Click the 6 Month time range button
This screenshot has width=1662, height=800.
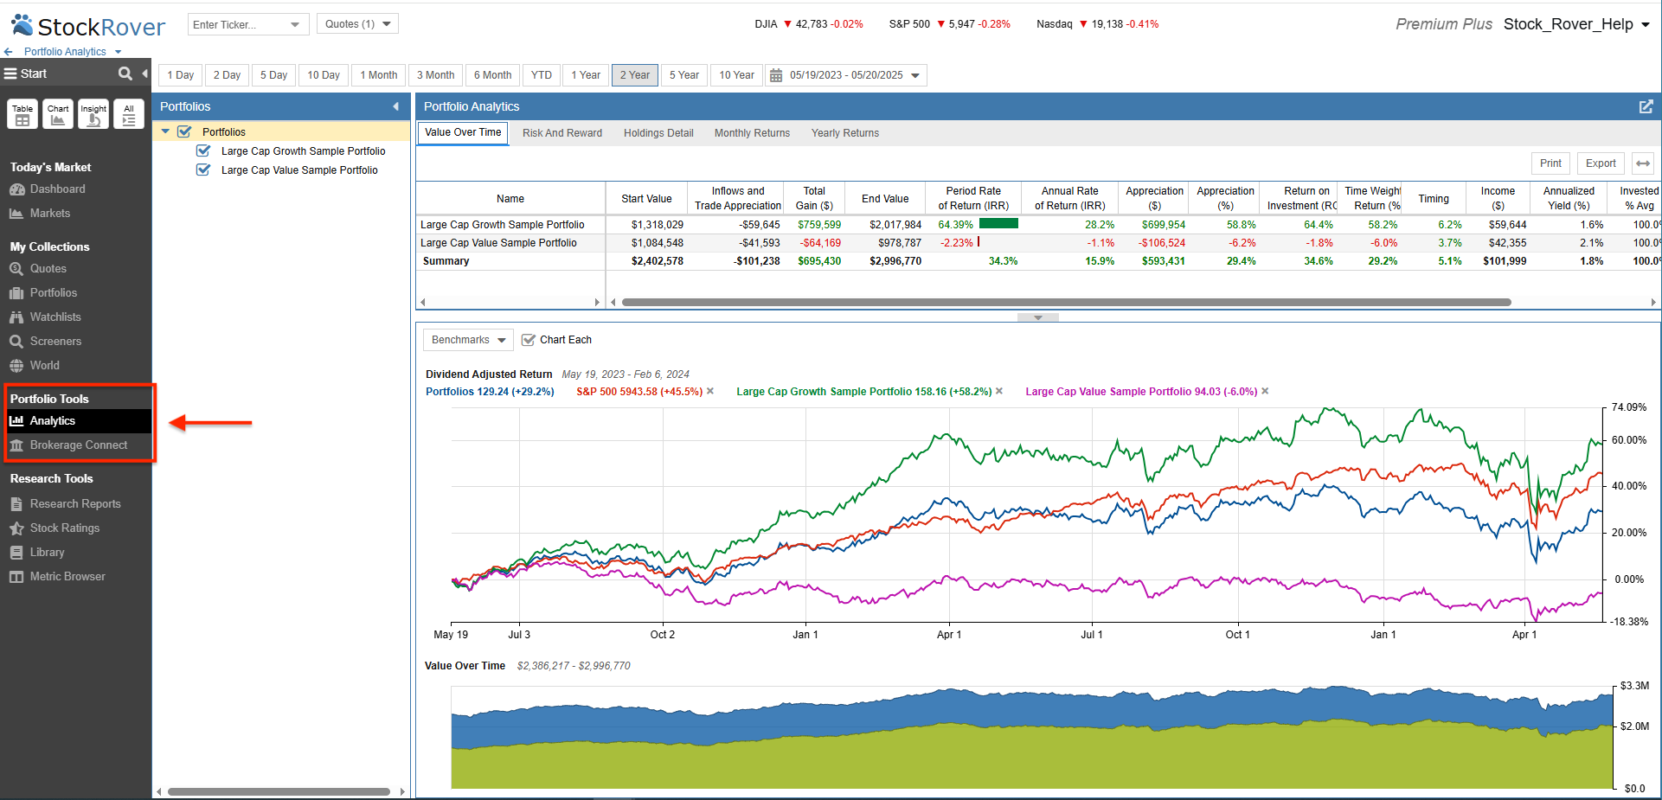[492, 75]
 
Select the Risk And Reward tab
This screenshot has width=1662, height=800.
[561, 133]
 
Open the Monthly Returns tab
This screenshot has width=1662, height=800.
[752, 133]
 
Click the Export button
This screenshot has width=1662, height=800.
[1600, 163]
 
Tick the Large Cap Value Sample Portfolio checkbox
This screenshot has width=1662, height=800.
[204, 170]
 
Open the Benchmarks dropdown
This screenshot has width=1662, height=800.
[468, 340]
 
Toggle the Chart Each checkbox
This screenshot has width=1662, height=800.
[529, 340]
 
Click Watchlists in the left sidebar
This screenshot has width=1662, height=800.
[55, 317]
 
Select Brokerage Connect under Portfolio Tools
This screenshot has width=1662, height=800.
[78, 445]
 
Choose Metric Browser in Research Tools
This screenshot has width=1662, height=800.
[67, 577]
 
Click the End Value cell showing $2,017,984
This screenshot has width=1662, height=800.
[895, 225]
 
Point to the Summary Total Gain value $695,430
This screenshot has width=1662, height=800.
[819, 261]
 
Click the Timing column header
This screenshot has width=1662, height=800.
[1433, 199]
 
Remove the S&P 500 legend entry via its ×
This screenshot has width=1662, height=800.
[710, 392]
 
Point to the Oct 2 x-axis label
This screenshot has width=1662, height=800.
[662, 635]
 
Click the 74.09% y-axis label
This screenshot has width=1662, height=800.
[1628, 407]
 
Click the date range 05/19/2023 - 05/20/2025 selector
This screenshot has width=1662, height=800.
[846, 75]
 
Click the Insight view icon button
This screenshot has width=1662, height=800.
[93, 114]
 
